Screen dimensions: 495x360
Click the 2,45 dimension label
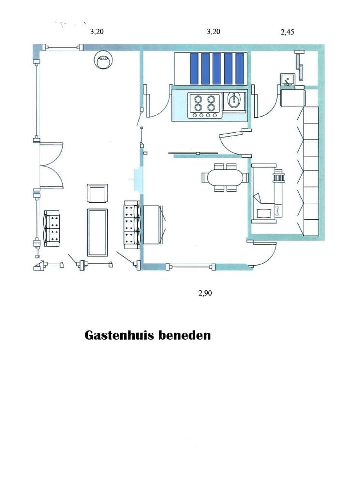coord(288,32)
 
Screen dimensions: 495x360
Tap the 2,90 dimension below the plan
coord(205,294)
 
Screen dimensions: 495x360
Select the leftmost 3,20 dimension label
coord(97,31)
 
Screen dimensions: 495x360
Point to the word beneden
coord(184,335)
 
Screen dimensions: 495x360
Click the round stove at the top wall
coord(103,61)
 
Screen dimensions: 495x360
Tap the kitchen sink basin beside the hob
coord(234,101)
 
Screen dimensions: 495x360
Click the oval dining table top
coord(224,177)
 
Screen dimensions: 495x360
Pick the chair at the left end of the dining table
coord(206,177)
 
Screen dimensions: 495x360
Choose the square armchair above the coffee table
coord(97,193)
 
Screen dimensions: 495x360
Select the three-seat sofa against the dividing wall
coord(131,224)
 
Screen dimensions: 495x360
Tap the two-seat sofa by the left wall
coord(52,229)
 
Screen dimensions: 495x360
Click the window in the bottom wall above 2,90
coord(191,266)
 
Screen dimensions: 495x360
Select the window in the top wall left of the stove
coord(62,48)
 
